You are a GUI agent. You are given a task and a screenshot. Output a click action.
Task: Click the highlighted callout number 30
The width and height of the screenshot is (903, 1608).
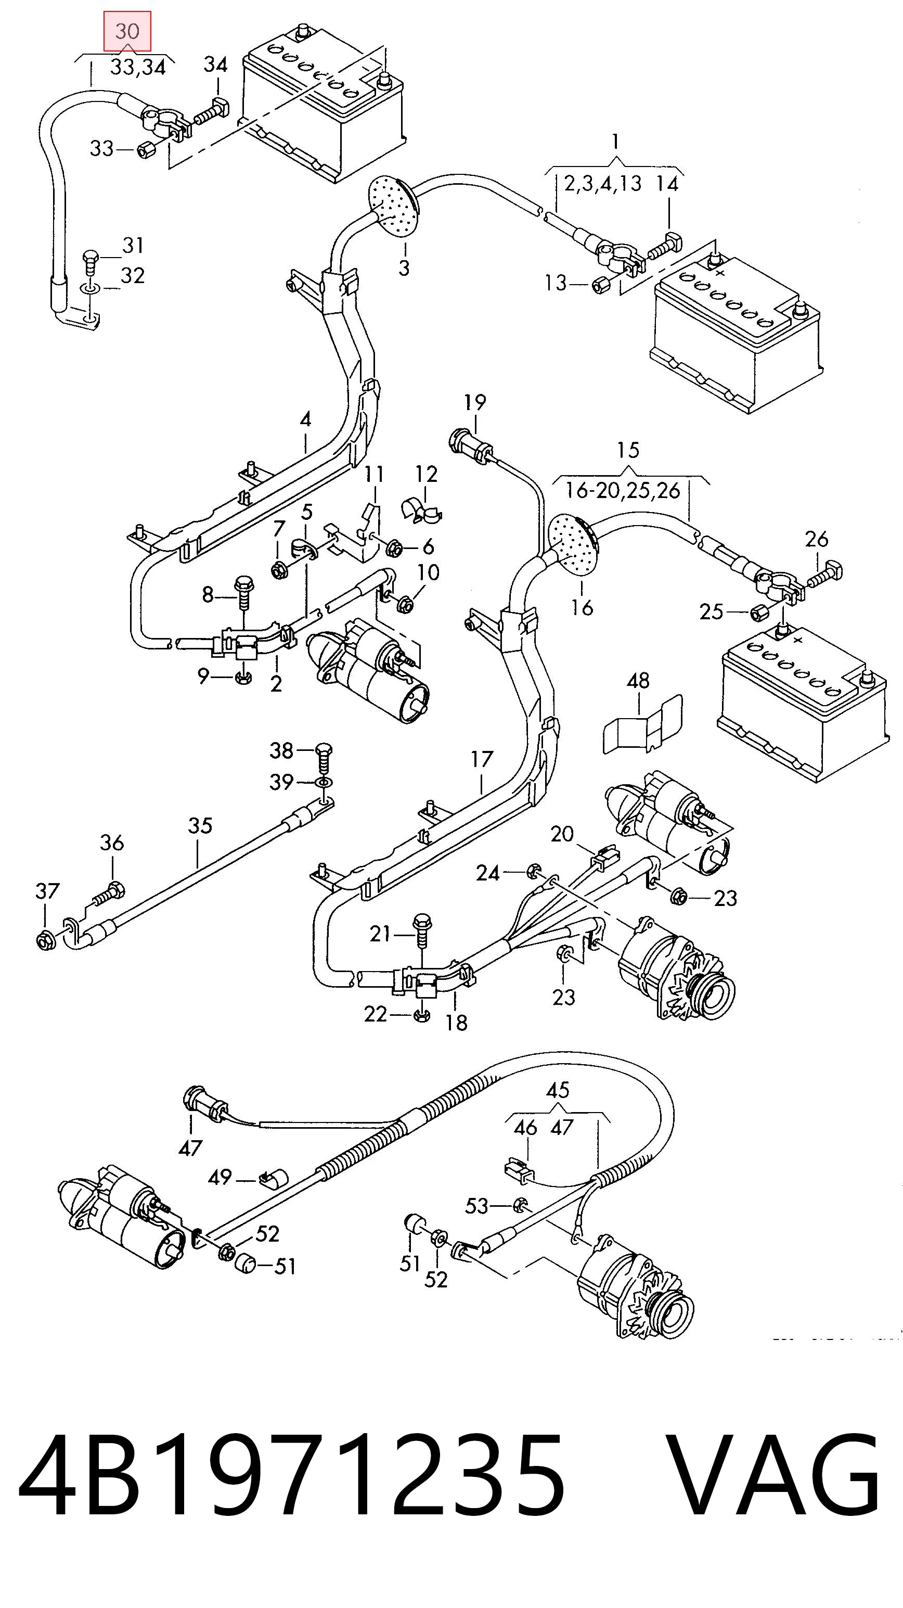(127, 31)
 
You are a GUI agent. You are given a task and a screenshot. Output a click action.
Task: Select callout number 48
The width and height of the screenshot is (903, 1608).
(638, 680)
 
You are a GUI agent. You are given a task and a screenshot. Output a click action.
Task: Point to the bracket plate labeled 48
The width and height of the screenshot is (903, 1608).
(643, 725)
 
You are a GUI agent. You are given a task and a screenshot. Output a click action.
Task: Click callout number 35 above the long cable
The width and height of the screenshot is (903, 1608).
(200, 825)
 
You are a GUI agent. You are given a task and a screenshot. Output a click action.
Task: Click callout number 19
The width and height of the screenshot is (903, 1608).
(475, 403)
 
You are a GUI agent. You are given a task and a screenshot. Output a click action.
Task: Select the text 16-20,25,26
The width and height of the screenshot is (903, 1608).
(623, 491)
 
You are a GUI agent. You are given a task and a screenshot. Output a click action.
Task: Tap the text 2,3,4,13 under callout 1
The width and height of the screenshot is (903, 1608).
(603, 184)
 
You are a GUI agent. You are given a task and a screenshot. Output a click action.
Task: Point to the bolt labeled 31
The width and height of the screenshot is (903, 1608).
(90, 263)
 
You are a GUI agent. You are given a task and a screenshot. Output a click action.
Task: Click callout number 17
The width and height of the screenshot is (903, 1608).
(482, 759)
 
